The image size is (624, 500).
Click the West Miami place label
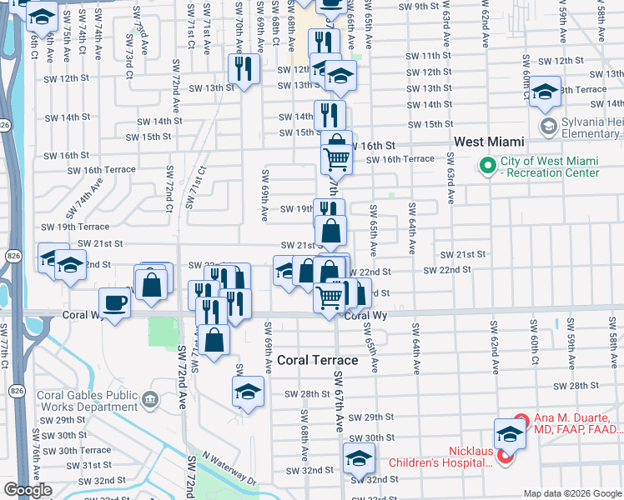pos(489,142)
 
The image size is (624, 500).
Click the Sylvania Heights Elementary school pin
pos(548,127)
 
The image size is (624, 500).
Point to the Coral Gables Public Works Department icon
pos(149,399)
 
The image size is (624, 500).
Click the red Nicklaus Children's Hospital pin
pos(505,457)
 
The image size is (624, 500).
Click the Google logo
pos(28,490)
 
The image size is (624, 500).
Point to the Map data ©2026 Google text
pos(571,493)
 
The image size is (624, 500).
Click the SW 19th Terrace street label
pos(76,227)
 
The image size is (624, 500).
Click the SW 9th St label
pos(418,6)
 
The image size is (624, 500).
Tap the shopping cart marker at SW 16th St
pos(336,156)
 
